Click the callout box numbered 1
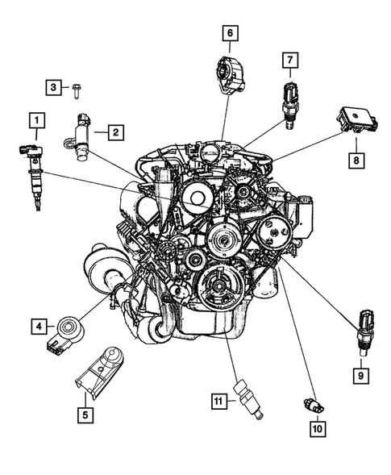35,122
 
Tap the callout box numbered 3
54,86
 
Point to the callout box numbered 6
230,33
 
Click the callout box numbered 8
356,160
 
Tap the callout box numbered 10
317,429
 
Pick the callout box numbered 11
218,400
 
